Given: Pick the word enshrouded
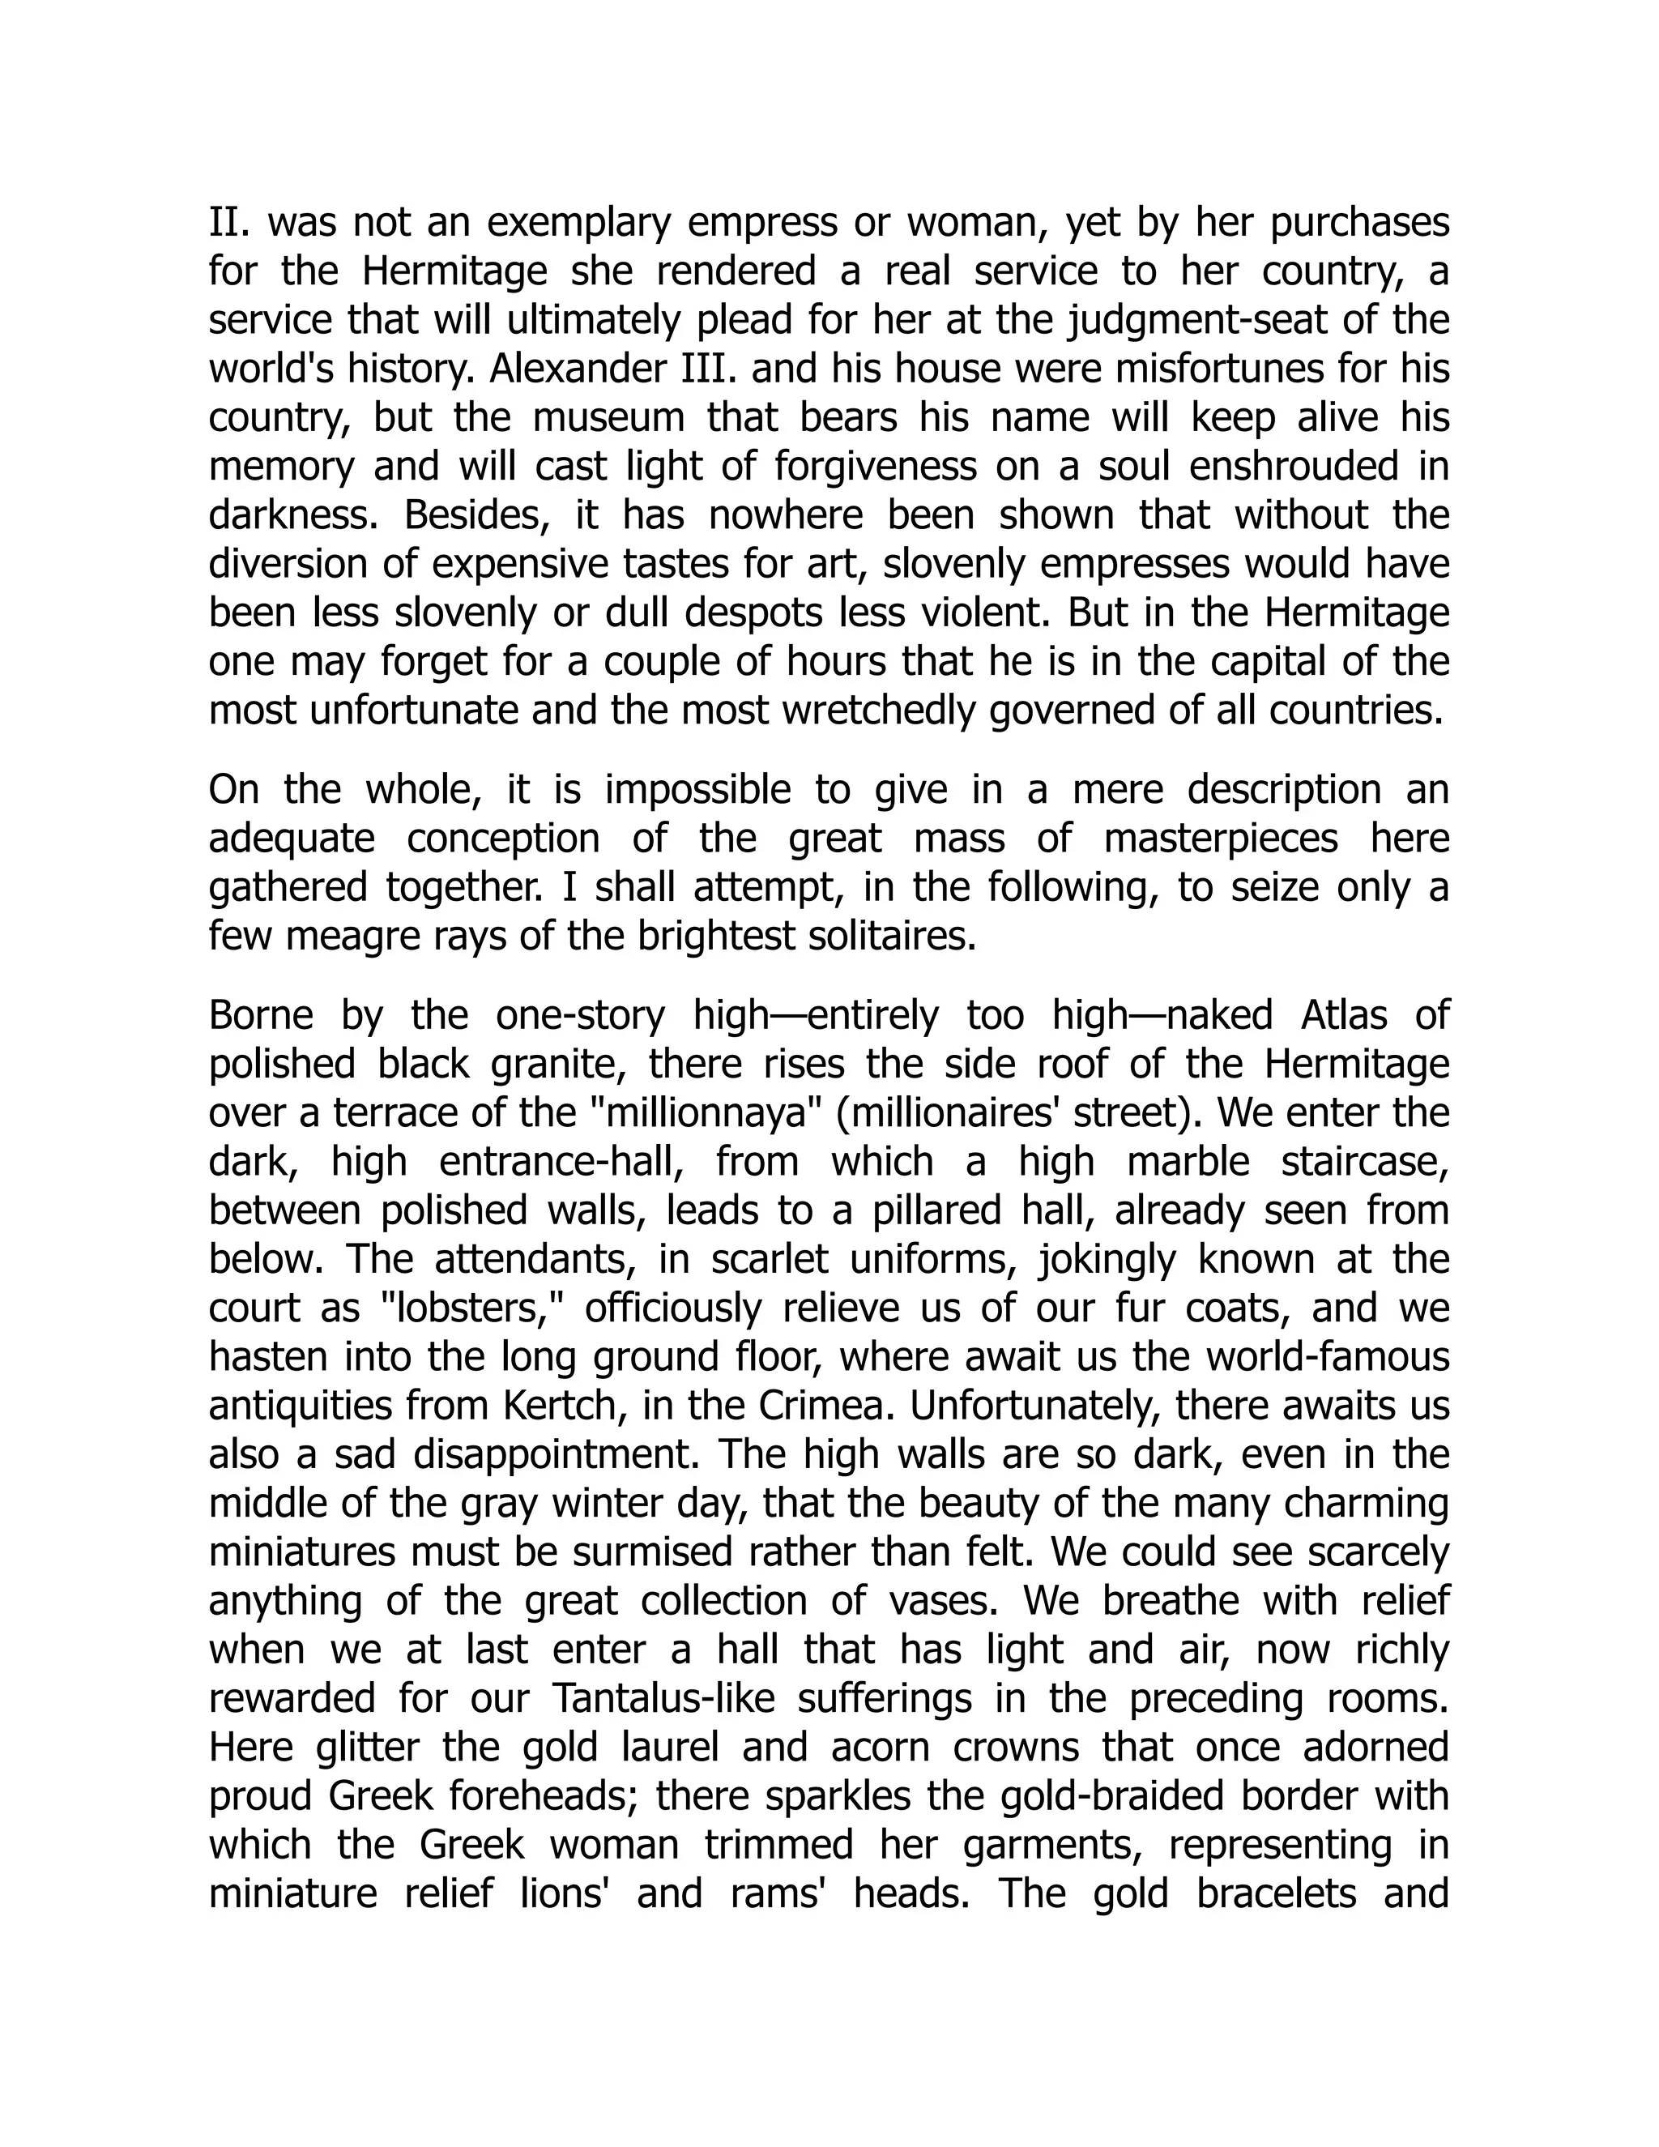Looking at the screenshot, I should coord(1294,467).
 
